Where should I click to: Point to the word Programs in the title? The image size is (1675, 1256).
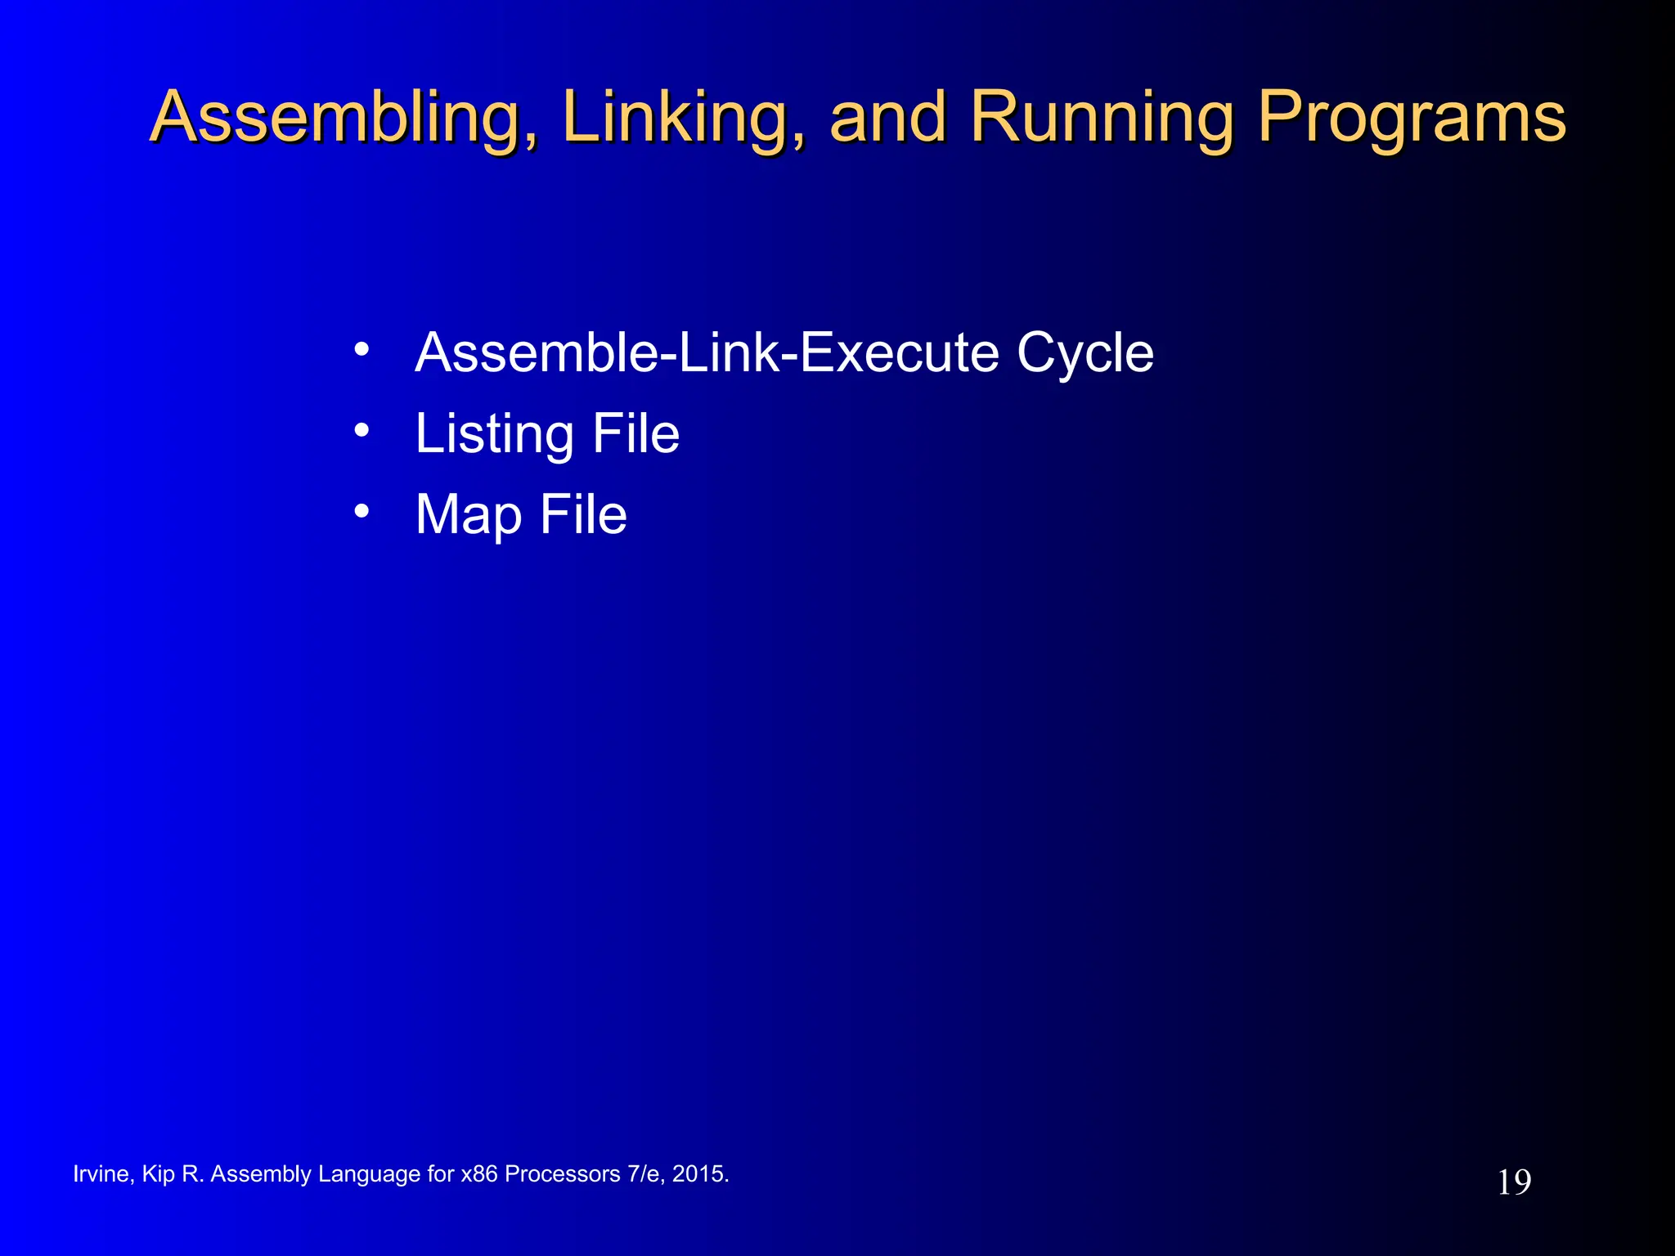pyautogui.click(x=1411, y=119)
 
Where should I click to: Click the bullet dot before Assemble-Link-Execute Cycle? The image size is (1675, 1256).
pyautogui.click(x=361, y=351)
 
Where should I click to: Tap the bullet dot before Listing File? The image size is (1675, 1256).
pyautogui.click(x=361, y=431)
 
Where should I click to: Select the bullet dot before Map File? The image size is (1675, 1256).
pyautogui.click(x=361, y=513)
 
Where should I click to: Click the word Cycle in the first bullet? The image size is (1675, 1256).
pyautogui.click(x=1085, y=354)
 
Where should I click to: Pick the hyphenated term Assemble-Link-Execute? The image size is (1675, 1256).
pyautogui.click(x=707, y=352)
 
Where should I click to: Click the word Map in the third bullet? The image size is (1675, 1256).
pyautogui.click(x=468, y=516)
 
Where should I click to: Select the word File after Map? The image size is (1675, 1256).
pyautogui.click(x=583, y=514)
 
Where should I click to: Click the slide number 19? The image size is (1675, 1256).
pyautogui.click(x=1514, y=1182)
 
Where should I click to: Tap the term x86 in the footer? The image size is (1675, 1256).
pyautogui.click(x=478, y=1174)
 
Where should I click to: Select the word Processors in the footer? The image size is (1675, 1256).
pyautogui.click(x=562, y=1174)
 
